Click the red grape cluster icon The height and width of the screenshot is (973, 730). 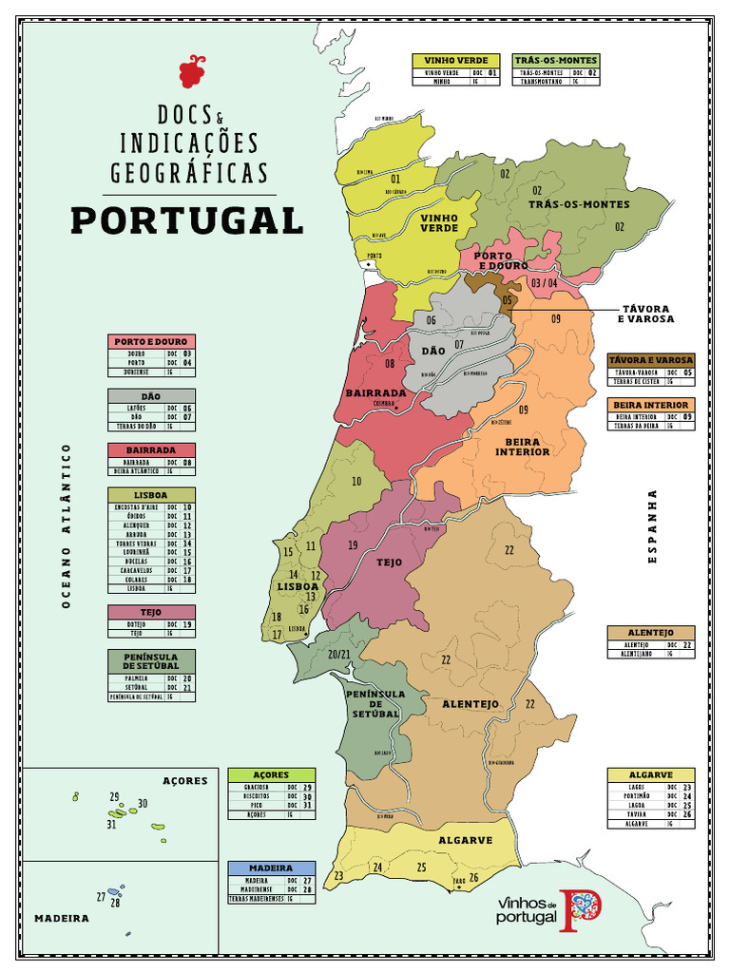click(192, 71)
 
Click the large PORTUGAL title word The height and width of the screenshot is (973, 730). click(186, 220)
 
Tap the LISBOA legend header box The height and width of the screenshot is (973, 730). click(151, 495)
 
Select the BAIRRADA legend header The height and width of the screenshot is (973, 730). click(151, 449)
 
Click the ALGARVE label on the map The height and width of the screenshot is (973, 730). click(466, 840)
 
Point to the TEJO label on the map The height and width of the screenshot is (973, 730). click(390, 563)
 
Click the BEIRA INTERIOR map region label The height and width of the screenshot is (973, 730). click(522, 447)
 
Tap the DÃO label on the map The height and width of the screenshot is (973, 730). click(432, 351)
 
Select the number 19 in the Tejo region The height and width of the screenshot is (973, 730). click(353, 545)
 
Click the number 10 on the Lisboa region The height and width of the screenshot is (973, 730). click(356, 482)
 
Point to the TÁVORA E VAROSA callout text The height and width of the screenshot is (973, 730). click(647, 314)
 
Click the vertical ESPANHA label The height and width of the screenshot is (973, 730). click(653, 526)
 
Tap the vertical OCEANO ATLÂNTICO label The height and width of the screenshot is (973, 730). click(67, 525)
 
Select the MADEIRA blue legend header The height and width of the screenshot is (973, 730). click(271, 868)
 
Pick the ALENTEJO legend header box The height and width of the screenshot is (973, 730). click(651, 633)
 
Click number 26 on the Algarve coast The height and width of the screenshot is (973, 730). click(473, 876)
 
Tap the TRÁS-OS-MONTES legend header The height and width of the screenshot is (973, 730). click(556, 60)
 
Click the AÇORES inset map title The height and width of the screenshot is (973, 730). click(184, 781)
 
